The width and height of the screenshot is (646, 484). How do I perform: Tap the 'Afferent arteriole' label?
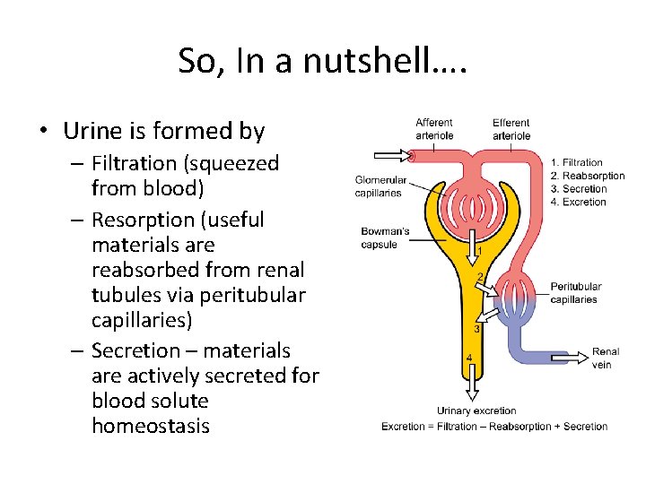click(x=434, y=129)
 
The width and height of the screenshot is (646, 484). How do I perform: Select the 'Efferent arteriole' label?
click(x=511, y=129)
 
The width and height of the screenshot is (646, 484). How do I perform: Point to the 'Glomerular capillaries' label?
click(x=380, y=186)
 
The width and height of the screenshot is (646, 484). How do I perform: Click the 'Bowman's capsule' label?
click(x=385, y=238)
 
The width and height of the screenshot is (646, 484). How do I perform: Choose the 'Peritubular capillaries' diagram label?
click(x=575, y=293)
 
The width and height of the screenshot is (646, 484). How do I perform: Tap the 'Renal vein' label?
click(x=606, y=359)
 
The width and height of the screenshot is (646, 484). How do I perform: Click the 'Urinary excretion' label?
click(x=477, y=411)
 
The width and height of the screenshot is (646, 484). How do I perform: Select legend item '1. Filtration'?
click(x=576, y=163)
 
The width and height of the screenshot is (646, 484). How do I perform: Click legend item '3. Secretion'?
click(x=580, y=189)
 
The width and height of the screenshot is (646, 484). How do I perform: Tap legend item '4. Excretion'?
click(x=579, y=202)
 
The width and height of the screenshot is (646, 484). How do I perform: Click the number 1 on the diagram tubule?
click(x=479, y=252)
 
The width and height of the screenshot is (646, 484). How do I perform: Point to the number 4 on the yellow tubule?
click(x=469, y=359)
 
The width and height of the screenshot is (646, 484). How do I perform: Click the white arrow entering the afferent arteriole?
click(x=389, y=155)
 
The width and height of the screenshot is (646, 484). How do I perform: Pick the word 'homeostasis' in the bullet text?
click(x=150, y=426)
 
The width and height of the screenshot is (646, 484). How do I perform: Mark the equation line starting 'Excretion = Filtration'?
click(x=494, y=427)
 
